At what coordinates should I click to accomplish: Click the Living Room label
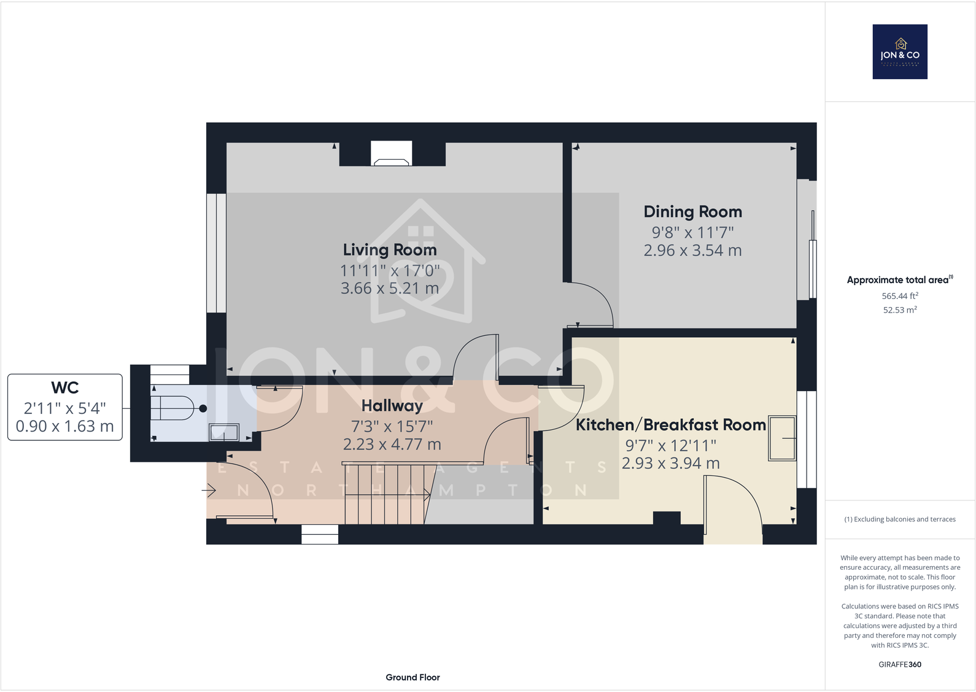coord(390,250)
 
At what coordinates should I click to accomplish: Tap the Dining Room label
coord(692,212)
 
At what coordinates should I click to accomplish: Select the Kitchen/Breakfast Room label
coord(670,425)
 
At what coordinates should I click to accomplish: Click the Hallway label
coord(392,406)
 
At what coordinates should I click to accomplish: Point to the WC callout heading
coord(64,388)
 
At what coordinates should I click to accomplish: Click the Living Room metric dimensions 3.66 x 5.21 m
coord(390,288)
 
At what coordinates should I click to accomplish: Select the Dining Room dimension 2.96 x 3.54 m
coord(692,251)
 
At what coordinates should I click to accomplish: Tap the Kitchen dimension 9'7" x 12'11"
coord(670,445)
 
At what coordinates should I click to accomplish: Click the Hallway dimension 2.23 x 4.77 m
coord(392,445)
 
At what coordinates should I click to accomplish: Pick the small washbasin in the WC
coord(224,432)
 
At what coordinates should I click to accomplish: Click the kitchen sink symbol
coord(781,438)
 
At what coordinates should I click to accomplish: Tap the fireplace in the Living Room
coord(391,154)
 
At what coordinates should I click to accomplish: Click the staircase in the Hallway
coord(384,494)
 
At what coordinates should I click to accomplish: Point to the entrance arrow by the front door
coord(209,491)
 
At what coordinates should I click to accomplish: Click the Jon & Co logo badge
coord(900,52)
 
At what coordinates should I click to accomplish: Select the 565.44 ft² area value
coord(900,296)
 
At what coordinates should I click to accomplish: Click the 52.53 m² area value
coord(900,310)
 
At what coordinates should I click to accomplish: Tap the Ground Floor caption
coord(412,677)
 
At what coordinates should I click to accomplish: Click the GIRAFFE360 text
coord(900,664)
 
